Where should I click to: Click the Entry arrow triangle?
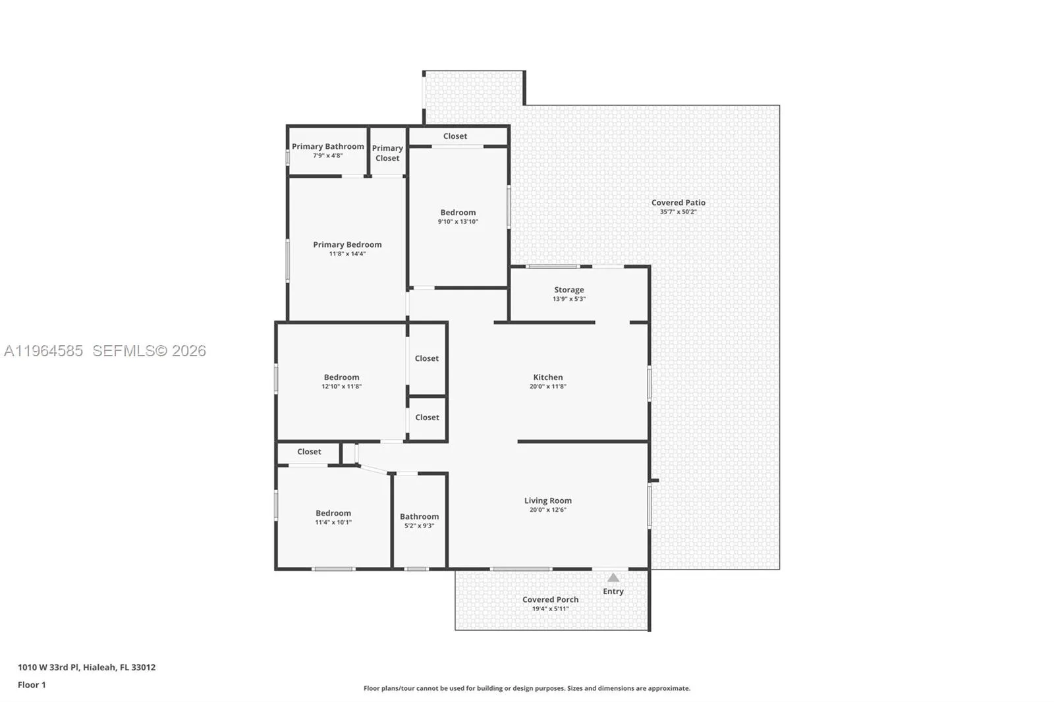[x=613, y=578]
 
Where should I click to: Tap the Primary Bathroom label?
[x=327, y=146]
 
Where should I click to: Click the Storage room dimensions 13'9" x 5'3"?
[x=569, y=299]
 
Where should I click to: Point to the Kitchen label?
[x=548, y=377]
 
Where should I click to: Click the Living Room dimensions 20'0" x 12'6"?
[x=548, y=510]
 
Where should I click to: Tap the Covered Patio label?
[x=679, y=203]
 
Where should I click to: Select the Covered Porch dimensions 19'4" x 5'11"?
[x=551, y=609]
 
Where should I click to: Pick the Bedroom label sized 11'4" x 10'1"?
[x=333, y=513]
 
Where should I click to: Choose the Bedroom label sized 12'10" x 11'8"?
[x=341, y=377]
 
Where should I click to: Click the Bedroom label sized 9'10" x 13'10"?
[x=458, y=212]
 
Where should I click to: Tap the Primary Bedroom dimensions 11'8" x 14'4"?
[x=347, y=254]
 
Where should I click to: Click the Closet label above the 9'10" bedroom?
[x=455, y=136]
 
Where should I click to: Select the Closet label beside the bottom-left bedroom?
[x=309, y=452]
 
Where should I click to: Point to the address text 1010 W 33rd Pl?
[x=49, y=667]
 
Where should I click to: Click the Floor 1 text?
[x=32, y=685]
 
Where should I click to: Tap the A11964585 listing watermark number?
[x=43, y=351]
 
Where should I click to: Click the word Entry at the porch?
[x=613, y=591]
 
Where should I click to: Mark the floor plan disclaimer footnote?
[x=527, y=688]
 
